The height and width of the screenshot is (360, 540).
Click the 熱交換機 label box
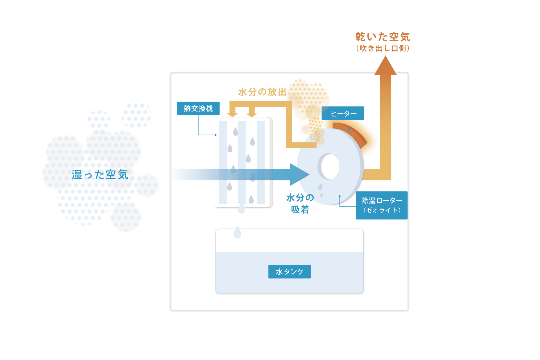click(198, 108)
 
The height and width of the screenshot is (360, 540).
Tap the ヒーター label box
click(343, 113)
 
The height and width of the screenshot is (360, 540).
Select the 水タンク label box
click(289, 272)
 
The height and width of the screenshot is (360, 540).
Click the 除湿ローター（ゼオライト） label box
click(382, 205)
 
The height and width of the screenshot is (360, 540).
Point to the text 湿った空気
click(100, 175)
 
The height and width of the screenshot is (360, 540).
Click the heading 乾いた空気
click(383, 37)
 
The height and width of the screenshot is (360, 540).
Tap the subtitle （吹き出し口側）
click(383, 48)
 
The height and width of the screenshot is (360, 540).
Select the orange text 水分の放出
click(262, 92)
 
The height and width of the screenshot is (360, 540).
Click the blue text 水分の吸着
click(300, 204)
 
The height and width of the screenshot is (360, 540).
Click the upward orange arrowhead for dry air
click(385, 66)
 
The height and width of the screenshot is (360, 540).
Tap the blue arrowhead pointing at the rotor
click(299, 175)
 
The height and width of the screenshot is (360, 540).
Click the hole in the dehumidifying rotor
click(330, 166)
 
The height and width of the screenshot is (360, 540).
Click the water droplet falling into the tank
click(237, 232)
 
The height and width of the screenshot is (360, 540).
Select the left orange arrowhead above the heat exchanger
click(232, 115)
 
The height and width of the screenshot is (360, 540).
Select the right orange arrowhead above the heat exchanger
click(252, 115)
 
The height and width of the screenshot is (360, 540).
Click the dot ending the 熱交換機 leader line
click(215, 135)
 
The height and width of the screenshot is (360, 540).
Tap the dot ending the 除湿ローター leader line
click(340, 196)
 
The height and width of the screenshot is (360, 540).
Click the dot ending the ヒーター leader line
click(349, 129)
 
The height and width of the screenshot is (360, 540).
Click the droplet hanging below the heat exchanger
click(242, 208)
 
